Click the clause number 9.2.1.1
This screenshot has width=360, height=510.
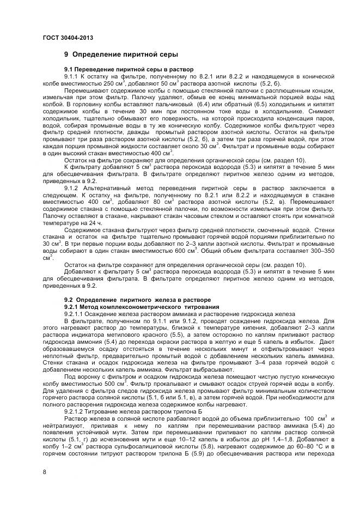[x=76, y=313]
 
